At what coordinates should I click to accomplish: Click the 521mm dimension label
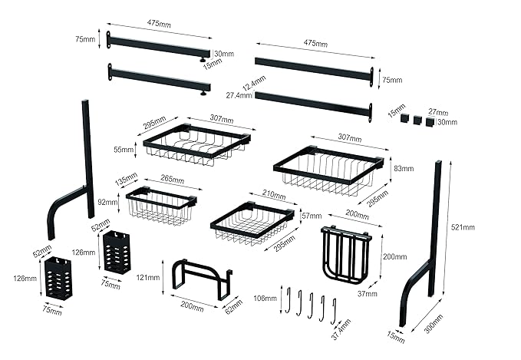[x=463, y=227]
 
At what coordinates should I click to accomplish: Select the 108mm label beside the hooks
[x=269, y=298]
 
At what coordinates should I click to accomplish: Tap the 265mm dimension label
[x=172, y=180]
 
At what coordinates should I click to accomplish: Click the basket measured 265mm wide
[x=160, y=206]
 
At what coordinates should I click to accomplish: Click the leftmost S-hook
[x=287, y=300]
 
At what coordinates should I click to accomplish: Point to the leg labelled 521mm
[x=427, y=246]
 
